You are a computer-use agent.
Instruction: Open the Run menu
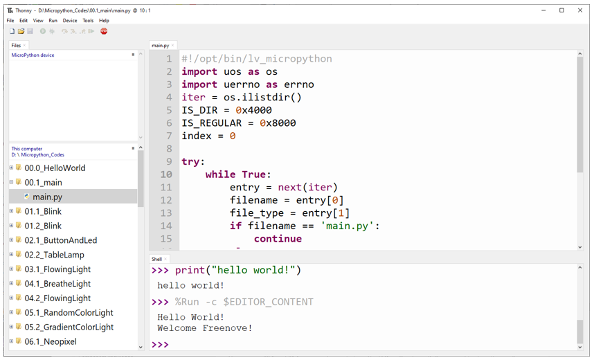(x=53, y=21)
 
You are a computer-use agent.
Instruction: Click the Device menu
(x=70, y=21)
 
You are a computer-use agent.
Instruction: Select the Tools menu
(x=88, y=21)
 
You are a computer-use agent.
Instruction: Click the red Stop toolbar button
(x=104, y=31)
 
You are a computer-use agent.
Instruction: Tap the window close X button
(x=580, y=10)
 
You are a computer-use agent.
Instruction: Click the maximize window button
(x=561, y=10)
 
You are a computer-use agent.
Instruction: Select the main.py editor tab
(x=160, y=46)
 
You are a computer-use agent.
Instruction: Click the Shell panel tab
(x=156, y=259)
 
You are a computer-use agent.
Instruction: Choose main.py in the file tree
(x=47, y=197)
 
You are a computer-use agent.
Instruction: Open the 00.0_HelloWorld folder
(x=55, y=168)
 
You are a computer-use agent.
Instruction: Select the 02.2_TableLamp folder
(x=54, y=255)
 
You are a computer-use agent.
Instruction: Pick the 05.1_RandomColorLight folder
(x=69, y=313)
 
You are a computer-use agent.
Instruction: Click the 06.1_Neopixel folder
(x=51, y=341)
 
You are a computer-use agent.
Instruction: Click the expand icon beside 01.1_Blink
(x=11, y=211)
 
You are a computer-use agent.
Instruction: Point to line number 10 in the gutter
(x=166, y=174)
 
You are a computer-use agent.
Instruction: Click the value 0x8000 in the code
(x=278, y=123)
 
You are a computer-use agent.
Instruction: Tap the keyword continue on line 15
(x=278, y=239)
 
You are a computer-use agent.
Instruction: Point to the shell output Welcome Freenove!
(x=205, y=328)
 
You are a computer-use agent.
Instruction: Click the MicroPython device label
(x=33, y=55)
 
